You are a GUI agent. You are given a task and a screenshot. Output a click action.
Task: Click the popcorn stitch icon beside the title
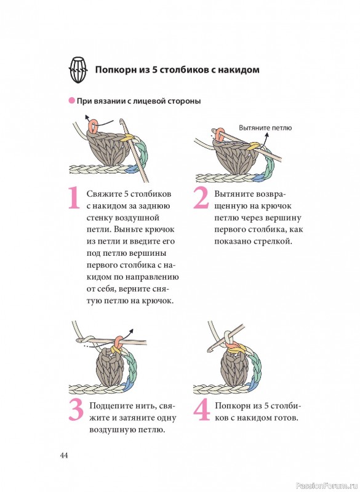[78, 69]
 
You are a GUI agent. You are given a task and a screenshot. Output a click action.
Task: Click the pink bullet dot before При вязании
[71, 101]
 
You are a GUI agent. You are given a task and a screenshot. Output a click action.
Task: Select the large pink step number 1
[74, 198]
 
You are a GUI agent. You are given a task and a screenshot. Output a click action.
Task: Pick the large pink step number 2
[201, 198]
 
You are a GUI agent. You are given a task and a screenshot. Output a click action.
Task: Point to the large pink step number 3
[76, 410]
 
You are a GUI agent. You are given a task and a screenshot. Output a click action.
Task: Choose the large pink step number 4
[201, 410]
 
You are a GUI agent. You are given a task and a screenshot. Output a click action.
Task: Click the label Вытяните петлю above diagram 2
[265, 128]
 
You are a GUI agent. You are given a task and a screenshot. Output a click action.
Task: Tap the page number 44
[64, 455]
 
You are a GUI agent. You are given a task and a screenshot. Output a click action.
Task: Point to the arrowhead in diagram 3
[132, 331]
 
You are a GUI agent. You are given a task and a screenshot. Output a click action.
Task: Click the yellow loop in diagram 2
[254, 146]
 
